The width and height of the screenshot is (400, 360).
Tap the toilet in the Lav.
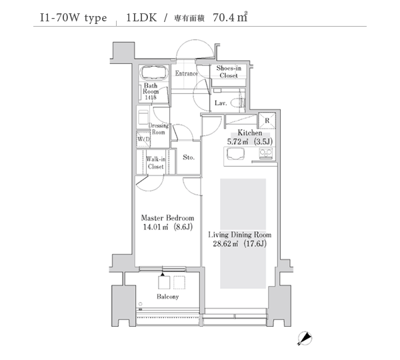tap(238, 103)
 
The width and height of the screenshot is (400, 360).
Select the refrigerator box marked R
tap(267, 121)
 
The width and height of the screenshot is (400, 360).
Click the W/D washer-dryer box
tap(143, 139)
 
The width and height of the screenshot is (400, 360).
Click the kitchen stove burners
tap(266, 153)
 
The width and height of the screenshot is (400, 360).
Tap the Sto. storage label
tap(189, 157)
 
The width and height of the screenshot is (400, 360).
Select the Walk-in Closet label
tap(155, 163)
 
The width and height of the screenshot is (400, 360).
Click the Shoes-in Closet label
tap(229, 72)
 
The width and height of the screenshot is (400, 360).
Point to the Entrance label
tap(186, 73)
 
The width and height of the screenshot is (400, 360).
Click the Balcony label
tap(167, 297)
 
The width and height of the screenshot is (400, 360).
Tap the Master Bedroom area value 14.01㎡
tap(155, 227)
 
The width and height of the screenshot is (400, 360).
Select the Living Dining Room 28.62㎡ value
tap(226, 243)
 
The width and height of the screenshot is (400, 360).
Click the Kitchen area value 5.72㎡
tap(238, 141)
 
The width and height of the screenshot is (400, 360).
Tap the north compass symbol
tap(305, 339)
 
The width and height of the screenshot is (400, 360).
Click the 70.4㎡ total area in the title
tap(230, 17)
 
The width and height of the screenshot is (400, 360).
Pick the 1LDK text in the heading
tap(141, 17)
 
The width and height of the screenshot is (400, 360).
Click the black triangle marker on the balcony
tap(163, 275)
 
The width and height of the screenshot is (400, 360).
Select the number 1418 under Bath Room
tap(151, 97)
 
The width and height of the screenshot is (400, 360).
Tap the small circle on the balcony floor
tap(140, 304)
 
